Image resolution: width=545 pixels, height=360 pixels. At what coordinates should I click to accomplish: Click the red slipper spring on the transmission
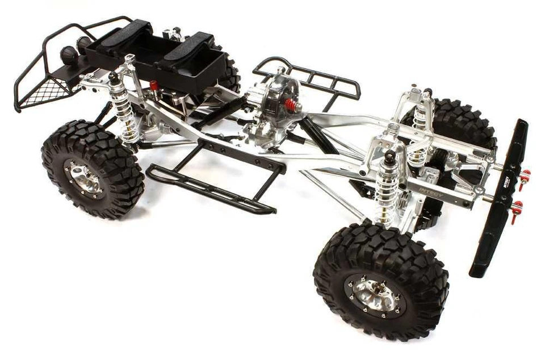point(291,105)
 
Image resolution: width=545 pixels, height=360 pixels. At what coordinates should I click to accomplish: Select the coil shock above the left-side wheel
point(124,114)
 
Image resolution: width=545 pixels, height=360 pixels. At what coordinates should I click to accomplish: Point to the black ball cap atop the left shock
point(114,76)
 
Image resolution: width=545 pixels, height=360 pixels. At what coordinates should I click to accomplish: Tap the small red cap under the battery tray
point(153,85)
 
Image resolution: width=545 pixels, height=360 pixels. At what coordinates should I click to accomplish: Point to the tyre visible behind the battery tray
point(230,71)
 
